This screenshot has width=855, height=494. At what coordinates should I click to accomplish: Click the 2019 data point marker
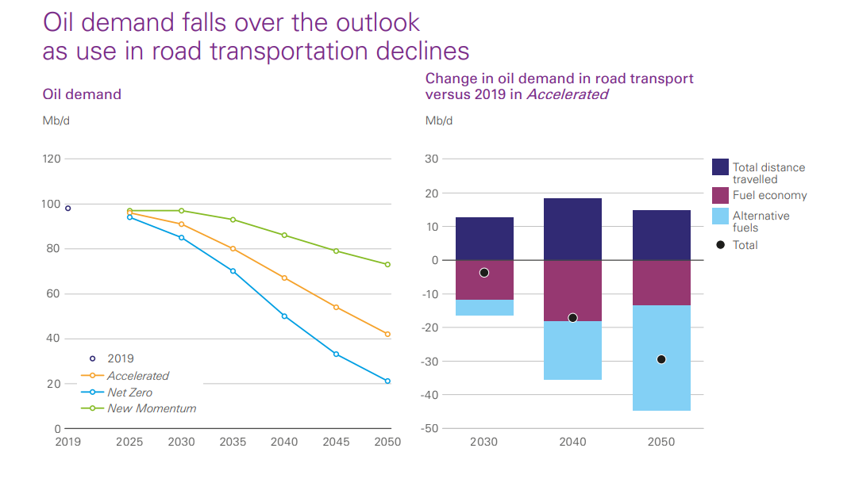point(68,208)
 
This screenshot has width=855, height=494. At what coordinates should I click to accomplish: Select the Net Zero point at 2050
point(387,381)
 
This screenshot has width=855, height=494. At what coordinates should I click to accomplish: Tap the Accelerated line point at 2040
point(284,278)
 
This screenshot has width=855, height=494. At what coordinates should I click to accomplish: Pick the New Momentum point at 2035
point(233,220)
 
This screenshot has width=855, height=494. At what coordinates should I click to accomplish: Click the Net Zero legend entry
point(129,393)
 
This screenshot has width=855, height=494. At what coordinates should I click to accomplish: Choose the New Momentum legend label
point(152,408)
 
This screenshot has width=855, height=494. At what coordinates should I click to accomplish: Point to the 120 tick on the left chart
point(52,159)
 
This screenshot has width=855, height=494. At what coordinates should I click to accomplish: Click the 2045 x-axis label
point(336,442)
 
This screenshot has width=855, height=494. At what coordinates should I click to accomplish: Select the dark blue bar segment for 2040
point(572,229)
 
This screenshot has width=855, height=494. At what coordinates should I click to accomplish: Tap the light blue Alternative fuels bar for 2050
point(661,358)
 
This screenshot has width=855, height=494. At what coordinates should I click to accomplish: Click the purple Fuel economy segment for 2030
point(484,280)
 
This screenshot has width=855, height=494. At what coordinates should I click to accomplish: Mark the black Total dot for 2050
point(661,359)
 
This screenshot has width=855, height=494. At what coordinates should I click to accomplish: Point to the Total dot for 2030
point(484,273)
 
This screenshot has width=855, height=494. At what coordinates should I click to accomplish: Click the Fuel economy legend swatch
point(720,195)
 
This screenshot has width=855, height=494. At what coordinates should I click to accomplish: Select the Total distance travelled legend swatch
point(720,167)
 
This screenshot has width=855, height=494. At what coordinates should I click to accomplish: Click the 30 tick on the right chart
point(432,159)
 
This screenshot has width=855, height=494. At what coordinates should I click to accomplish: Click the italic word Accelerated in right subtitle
point(568,94)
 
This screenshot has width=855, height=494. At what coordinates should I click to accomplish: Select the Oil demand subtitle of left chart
point(82,94)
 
